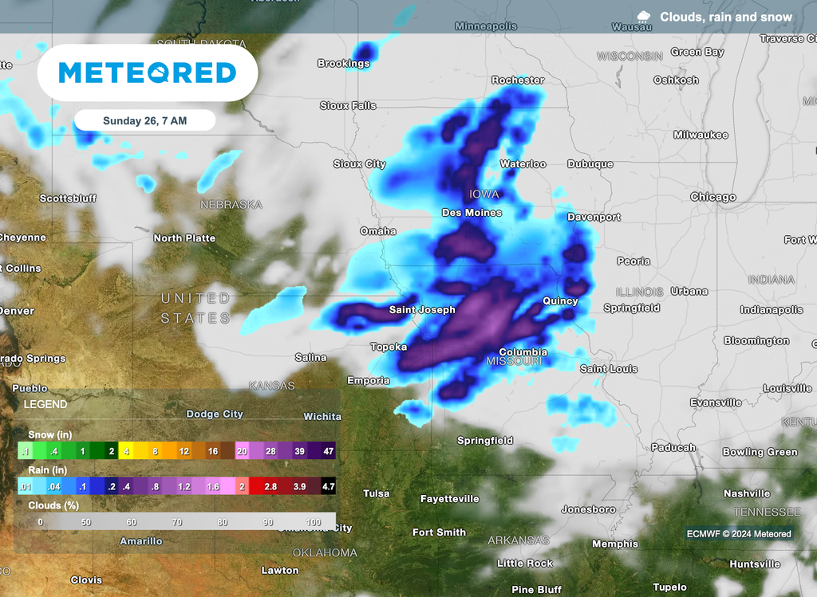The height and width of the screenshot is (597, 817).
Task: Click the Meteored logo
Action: [148, 73]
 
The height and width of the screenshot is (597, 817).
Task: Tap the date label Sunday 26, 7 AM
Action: [144, 121]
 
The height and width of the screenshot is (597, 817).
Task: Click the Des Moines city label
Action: [472, 213]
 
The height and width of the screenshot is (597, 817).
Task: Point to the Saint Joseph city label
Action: [422, 310]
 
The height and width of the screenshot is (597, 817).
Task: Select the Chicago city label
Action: [713, 197]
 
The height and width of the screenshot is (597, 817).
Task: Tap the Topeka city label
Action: [389, 348]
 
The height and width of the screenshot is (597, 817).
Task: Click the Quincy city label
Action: [560, 301]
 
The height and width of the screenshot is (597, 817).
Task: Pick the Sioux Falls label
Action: [348, 106]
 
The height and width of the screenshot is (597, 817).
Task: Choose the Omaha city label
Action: [378, 231]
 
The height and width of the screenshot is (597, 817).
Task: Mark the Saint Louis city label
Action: [609, 369]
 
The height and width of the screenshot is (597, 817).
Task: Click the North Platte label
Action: [184, 238]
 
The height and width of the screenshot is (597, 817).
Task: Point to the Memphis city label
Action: [615, 544]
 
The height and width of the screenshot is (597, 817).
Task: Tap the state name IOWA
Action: [484, 194]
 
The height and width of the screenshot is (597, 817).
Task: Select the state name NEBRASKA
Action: [231, 205]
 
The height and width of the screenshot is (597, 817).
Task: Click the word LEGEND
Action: [45, 405]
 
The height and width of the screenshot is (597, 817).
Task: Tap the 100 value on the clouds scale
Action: [314, 523]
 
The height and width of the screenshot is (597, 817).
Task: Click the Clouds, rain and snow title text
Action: [726, 17]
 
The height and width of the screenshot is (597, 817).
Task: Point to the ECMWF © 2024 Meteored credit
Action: [739, 534]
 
